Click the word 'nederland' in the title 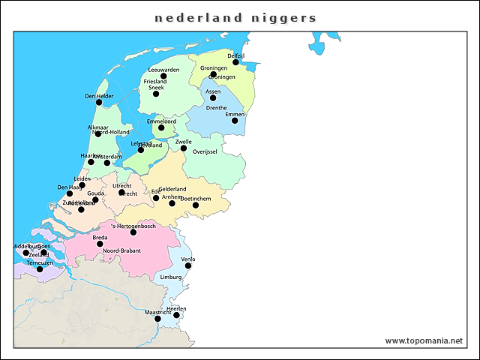(188, 17)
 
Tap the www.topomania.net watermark (424, 340)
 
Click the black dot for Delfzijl (235, 62)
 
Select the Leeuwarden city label (163, 70)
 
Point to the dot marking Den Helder (99, 102)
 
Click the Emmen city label (235, 115)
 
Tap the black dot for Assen (213, 97)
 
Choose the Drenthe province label (216, 108)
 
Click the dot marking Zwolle (184, 148)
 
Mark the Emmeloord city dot (161, 127)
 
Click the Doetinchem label (196, 198)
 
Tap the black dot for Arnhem (172, 203)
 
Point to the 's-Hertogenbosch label (133, 226)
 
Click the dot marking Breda (100, 244)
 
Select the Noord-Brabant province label (121, 250)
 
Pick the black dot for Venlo (188, 265)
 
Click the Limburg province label (171, 277)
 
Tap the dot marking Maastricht (157, 319)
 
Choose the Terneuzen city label (40, 263)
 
